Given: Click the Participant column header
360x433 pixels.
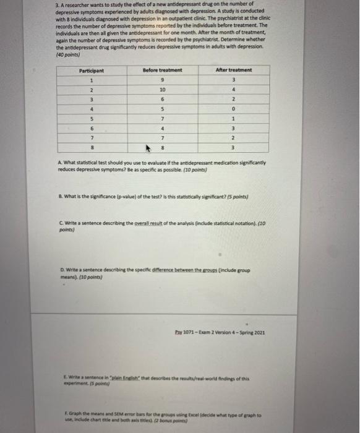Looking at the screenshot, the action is pyautogui.click(x=92, y=71).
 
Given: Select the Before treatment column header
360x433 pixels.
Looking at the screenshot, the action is pyautogui.click(x=162, y=71).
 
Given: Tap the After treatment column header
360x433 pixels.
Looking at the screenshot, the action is pyautogui.click(x=233, y=71).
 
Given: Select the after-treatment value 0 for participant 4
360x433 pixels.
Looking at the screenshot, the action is pyautogui.click(x=233, y=109).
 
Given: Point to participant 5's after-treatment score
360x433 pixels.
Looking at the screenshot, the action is pyautogui.click(x=233, y=119).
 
